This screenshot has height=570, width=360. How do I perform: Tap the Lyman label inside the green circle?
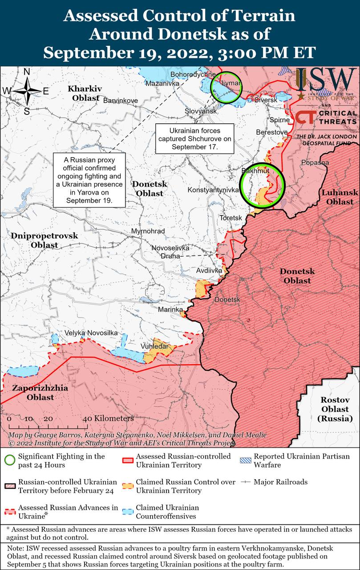(x=231, y=84)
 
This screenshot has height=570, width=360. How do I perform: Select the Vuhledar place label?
(x=154, y=346)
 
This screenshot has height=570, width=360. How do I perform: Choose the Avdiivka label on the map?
(x=210, y=270)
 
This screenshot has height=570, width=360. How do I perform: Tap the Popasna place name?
(x=315, y=163)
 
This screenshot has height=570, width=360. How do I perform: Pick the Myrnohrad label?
(x=148, y=232)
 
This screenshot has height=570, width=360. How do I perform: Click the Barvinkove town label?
(x=120, y=101)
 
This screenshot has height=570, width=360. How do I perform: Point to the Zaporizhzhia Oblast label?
(x=40, y=392)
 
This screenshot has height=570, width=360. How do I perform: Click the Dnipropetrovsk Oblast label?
(x=44, y=240)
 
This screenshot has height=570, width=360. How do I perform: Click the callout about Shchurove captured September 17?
(x=194, y=138)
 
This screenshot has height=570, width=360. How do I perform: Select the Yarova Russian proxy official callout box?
(x=89, y=180)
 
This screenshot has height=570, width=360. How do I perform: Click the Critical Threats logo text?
(x=338, y=118)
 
